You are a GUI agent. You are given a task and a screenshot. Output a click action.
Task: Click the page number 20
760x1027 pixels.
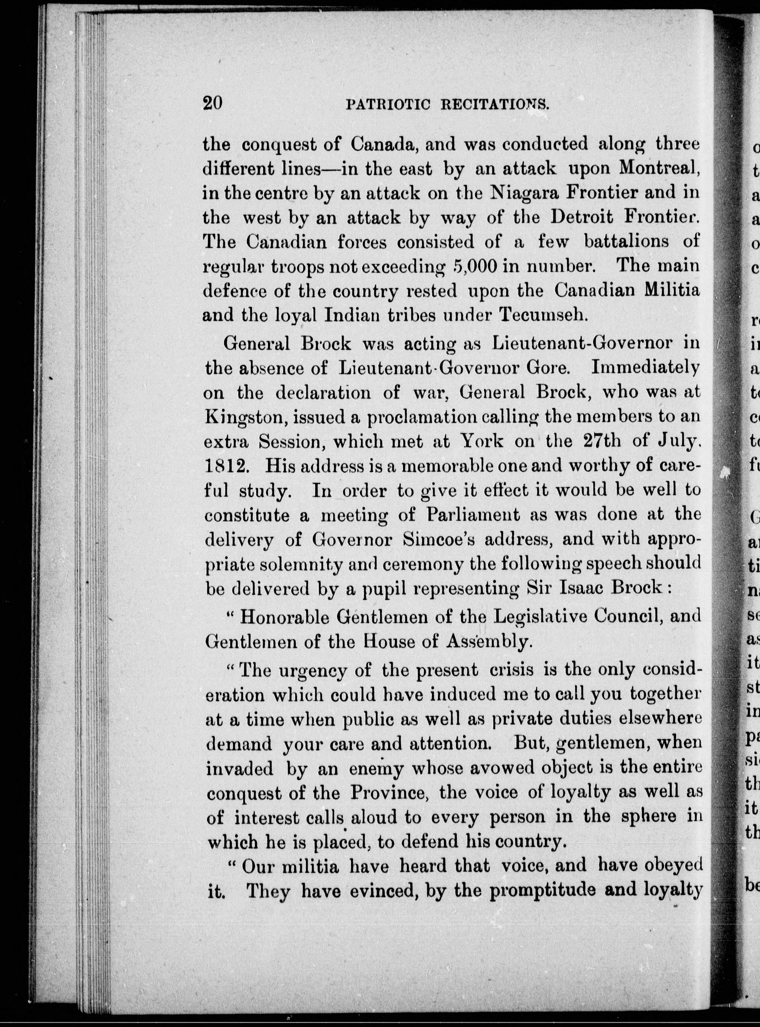[x=213, y=102]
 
